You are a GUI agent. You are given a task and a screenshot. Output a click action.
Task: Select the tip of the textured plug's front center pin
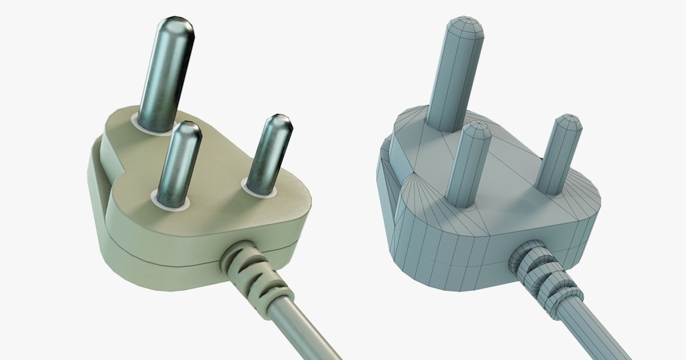186,130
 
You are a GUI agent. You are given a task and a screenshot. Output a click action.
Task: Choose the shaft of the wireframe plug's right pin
557,157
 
